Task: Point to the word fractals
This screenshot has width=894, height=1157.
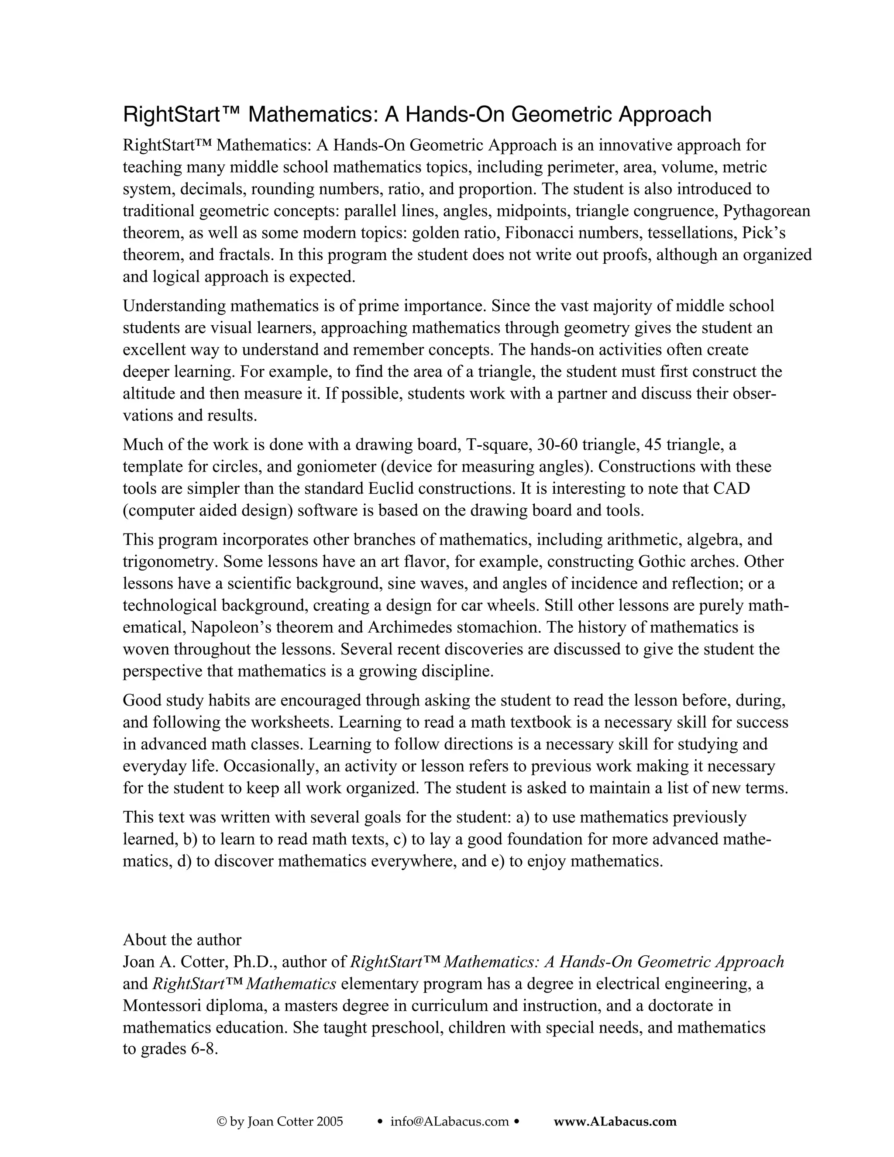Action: coord(246,255)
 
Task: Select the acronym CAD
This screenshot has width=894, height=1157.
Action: coord(732,489)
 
